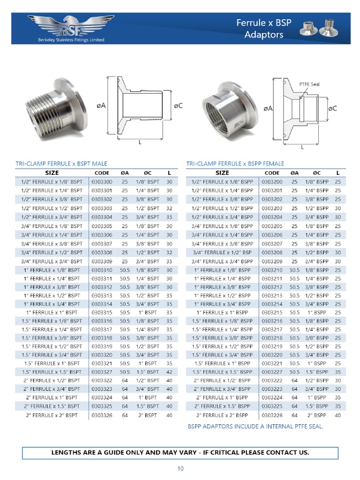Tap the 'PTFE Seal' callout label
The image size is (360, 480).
pos(309,84)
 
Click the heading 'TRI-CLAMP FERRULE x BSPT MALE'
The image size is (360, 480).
pos(61,164)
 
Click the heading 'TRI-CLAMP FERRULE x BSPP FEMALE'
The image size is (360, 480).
pos(235,164)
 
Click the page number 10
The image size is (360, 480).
pos(180,469)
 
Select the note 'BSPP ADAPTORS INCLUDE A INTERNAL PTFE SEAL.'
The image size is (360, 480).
pos(255,426)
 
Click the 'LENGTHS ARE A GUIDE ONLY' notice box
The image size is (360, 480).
pos(180,452)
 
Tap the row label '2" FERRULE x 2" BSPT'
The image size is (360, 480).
pos(52,415)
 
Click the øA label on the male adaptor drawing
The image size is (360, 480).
pos(101,106)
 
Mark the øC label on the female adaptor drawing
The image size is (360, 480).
pos(332,108)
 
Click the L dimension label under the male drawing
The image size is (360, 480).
pos(140,142)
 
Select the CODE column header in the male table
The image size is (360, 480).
pos(102,173)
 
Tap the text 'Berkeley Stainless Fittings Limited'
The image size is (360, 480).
pos(71,40)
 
